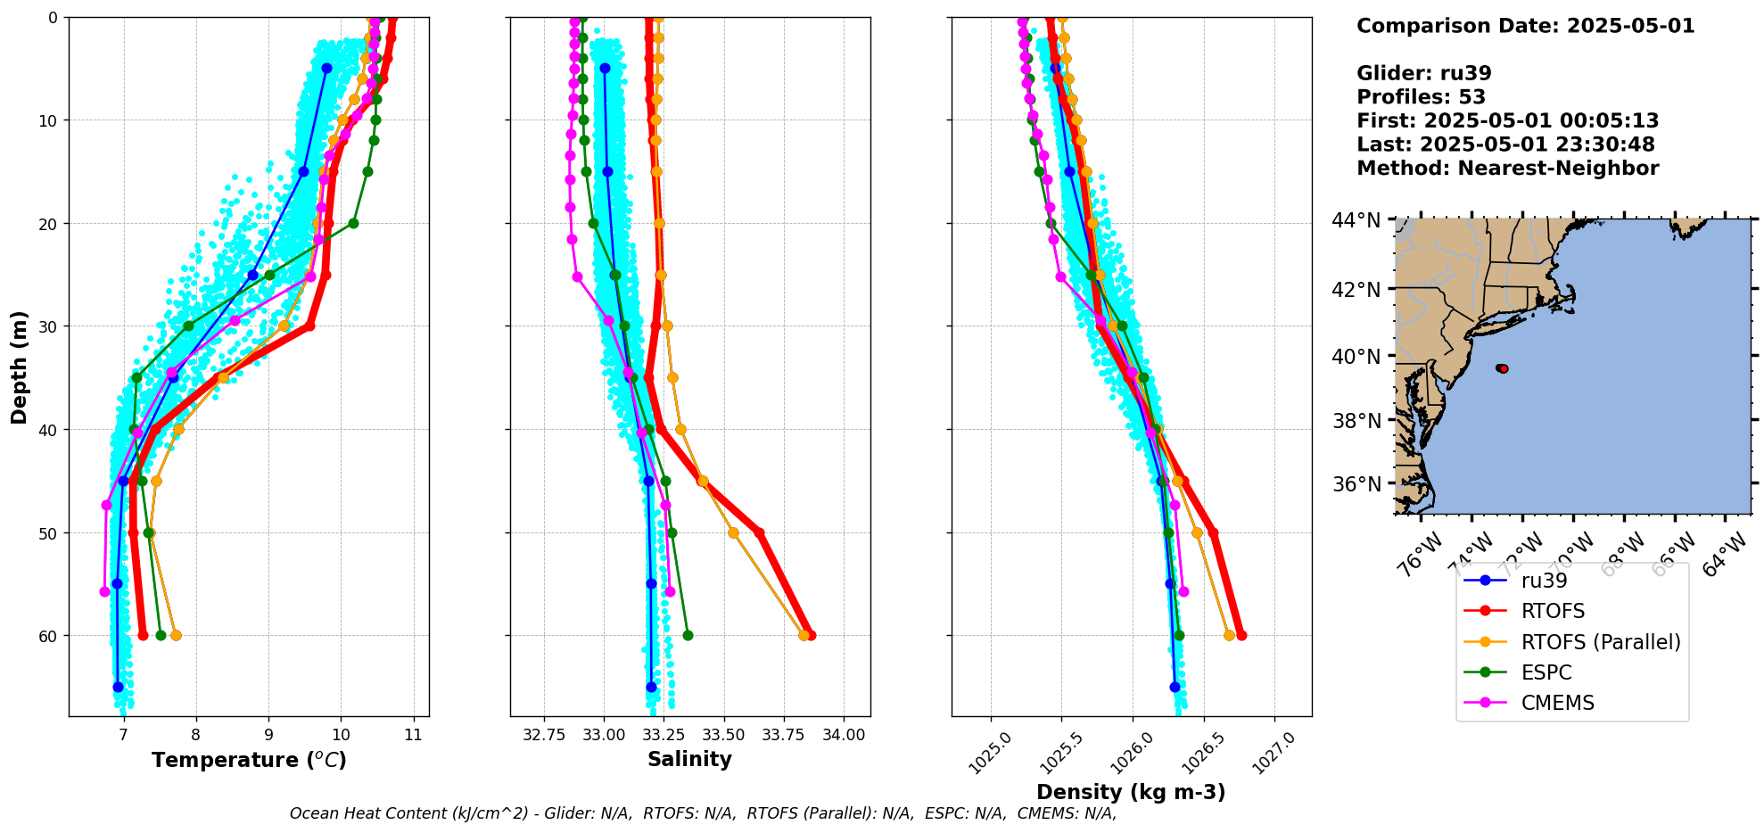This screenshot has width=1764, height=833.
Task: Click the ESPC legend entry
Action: [1546, 672]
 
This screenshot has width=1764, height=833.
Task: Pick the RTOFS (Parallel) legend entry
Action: [1600, 642]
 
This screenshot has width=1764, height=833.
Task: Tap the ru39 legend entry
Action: [1544, 581]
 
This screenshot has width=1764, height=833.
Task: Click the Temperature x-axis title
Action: [249, 760]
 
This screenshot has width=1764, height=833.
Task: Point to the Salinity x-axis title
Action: [689, 760]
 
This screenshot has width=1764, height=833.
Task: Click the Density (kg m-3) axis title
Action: [1131, 792]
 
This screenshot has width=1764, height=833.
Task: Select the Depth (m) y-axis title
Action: [20, 367]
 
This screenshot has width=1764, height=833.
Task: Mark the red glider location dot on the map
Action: [1503, 368]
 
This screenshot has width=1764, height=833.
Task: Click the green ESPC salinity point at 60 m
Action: [688, 635]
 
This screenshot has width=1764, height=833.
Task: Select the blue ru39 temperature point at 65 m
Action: [118, 687]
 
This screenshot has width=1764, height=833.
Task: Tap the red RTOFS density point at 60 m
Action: [1241, 635]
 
